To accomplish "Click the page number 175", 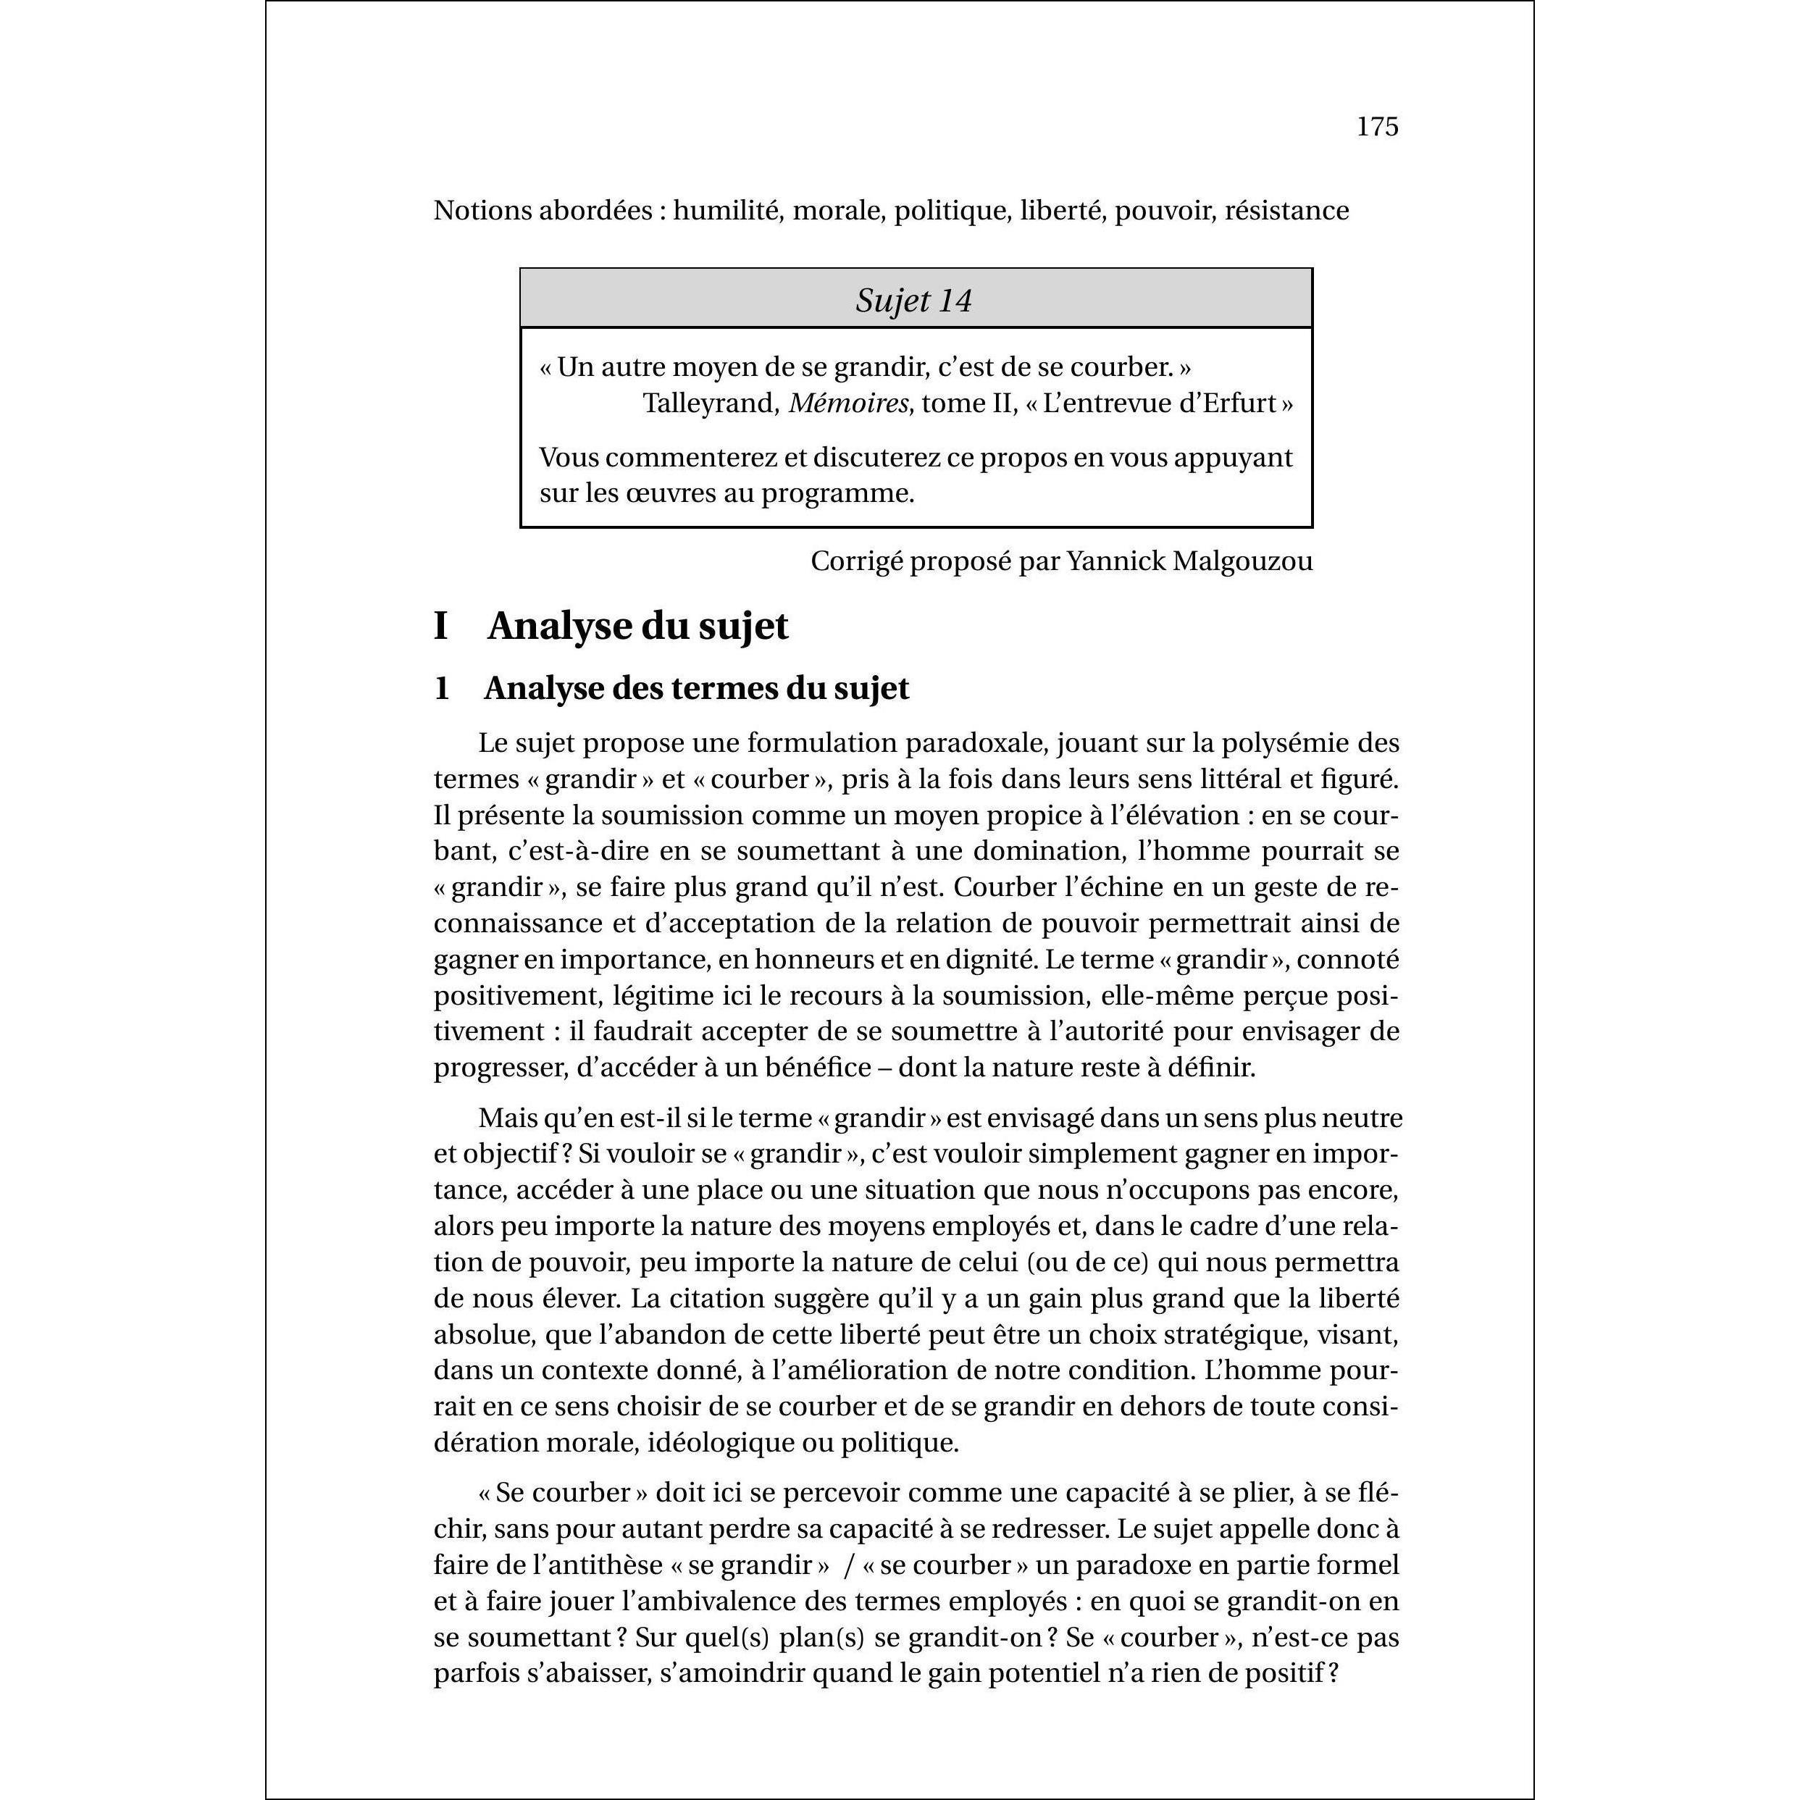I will [1377, 127].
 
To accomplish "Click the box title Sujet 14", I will [914, 300].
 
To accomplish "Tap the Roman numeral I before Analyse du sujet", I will [442, 626].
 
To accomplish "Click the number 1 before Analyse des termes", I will [442, 689].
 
